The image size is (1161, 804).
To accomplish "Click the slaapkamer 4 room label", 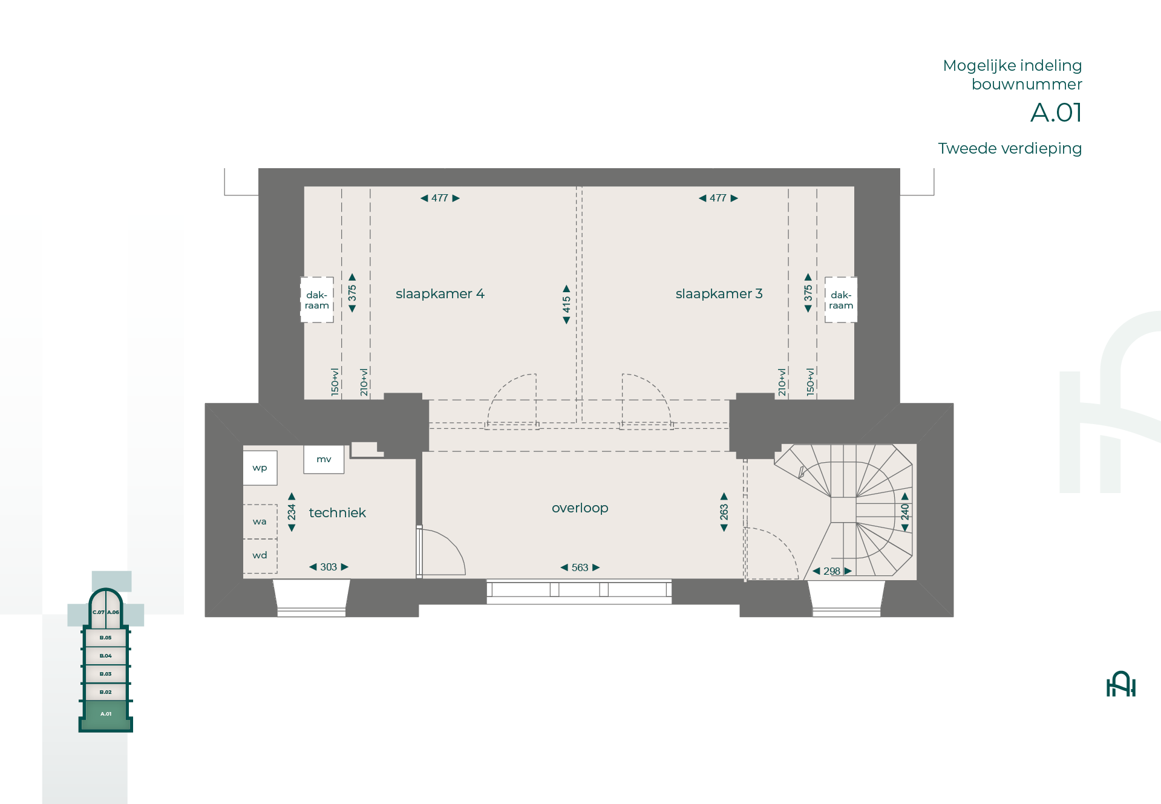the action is tap(440, 294).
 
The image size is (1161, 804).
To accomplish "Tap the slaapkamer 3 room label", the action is tap(719, 294).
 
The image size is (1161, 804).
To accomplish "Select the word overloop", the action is tap(580, 508).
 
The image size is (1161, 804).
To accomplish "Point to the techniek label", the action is tap(337, 513).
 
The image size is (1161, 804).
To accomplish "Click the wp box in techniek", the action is tap(260, 468).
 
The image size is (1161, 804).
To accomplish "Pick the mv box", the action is tap(324, 459).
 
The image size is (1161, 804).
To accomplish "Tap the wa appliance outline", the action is tap(260, 521).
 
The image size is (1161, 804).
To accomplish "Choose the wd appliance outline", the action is tap(260, 556).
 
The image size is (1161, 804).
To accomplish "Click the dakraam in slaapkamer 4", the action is tap(317, 300).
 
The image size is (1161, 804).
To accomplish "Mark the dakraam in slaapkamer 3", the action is tap(841, 300).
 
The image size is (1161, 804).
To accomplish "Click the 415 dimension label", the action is tap(566, 304).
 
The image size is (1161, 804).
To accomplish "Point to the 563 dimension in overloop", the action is tap(580, 567).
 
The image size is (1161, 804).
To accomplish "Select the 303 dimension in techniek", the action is tap(329, 567).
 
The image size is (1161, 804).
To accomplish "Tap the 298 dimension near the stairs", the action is tap(832, 571).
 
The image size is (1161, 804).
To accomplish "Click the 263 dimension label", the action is tap(724, 512).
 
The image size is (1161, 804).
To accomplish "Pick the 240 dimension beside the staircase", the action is tap(905, 512).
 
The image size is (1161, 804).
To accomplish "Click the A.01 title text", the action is tap(1056, 113).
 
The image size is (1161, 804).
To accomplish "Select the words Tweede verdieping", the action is tap(1010, 149).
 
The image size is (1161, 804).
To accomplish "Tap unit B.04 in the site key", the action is tap(106, 656).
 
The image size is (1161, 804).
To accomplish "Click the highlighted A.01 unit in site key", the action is tap(106, 714).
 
